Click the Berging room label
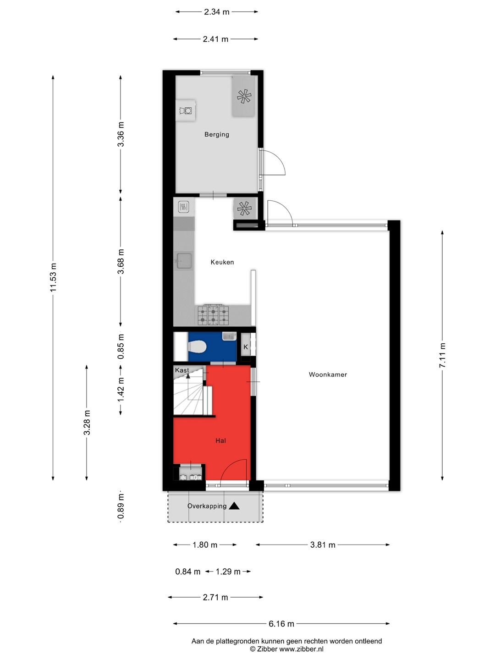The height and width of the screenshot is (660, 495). coord(217,134)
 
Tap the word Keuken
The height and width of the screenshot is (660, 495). coord(222,262)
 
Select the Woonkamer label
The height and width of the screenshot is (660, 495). coord(328,374)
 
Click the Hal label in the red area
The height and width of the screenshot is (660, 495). coord(220,441)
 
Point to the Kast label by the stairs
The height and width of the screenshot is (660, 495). coord(182,370)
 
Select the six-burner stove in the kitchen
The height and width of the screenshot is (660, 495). coord(213,315)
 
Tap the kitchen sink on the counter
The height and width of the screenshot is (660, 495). coord(184,261)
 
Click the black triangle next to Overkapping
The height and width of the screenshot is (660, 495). coord(234,506)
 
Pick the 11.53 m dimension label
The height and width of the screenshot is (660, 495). coord(53,277)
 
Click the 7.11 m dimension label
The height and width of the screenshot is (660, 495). coord(442,355)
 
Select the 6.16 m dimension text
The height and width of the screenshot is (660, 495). coord(281,624)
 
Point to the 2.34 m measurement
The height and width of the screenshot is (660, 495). coord(217,12)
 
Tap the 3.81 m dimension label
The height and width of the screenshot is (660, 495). coord(323,544)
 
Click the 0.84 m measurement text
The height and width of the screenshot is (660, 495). coord(187,571)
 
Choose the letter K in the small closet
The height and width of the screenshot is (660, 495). coord(246,347)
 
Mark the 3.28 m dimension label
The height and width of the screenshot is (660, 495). coord(87,422)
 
